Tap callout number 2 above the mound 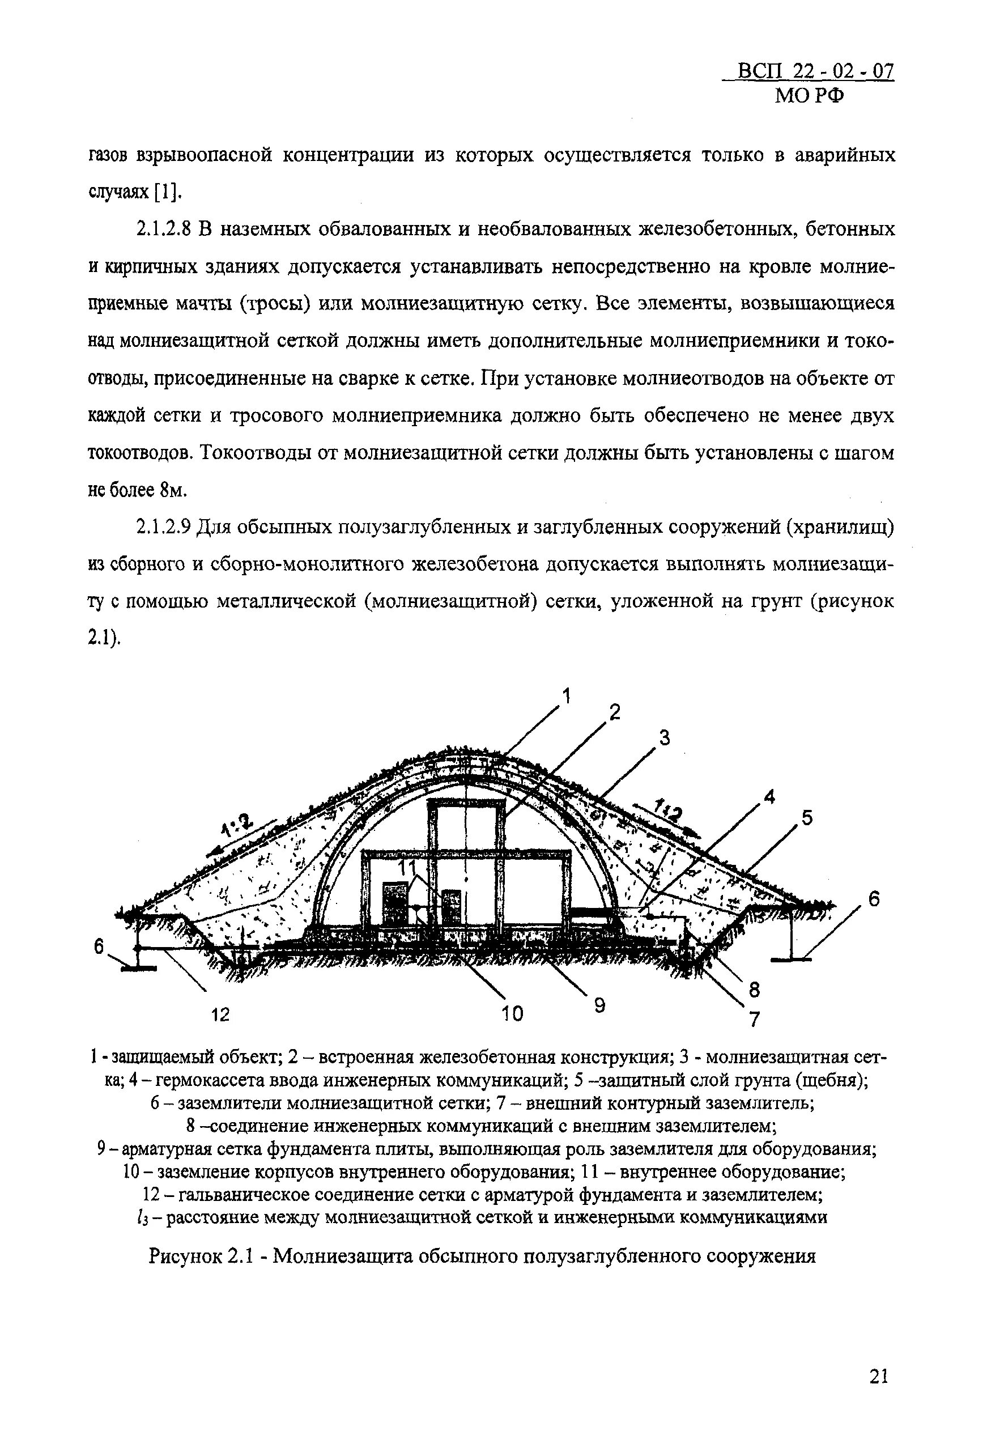point(614,712)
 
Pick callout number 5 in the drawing point(807,817)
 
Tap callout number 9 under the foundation point(600,1005)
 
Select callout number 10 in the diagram point(512,1013)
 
